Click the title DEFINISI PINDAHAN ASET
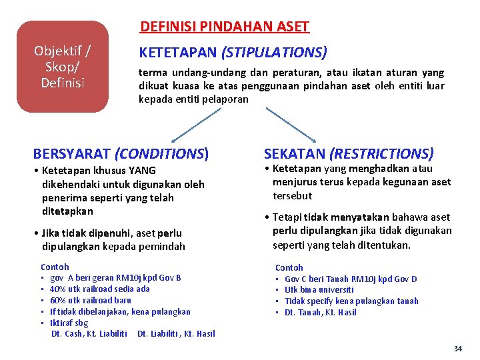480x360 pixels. pyautogui.click(x=225, y=27)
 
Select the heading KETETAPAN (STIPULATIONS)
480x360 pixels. pyautogui.click(x=232, y=52)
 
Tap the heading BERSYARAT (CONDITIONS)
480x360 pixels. pyautogui.click(x=121, y=154)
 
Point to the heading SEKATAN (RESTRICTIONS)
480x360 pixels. pyautogui.click(x=349, y=154)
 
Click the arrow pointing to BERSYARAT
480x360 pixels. pyautogui.click(x=196, y=125)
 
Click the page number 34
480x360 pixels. pyautogui.click(x=457, y=349)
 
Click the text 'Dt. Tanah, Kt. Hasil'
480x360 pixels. pyautogui.click(x=321, y=313)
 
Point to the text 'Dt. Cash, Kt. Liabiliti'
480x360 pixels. pyautogui.click(x=89, y=334)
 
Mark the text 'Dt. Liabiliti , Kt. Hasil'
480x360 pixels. pyautogui.click(x=176, y=334)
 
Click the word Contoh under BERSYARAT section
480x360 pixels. pyautogui.click(x=55, y=267)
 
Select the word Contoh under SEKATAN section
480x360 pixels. pyautogui.click(x=289, y=267)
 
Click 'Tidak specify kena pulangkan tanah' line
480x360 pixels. pyautogui.click(x=351, y=301)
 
